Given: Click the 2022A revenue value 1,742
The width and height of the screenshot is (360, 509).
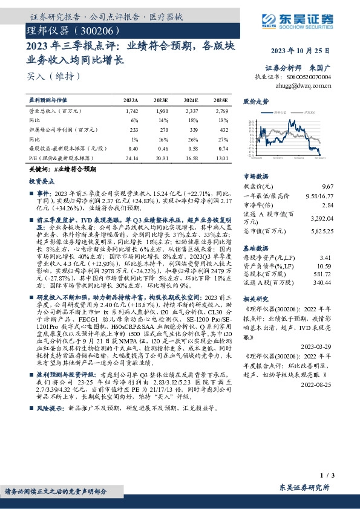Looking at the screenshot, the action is (x=131, y=111).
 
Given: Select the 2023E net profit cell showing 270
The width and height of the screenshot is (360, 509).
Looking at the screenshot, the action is (x=161, y=129).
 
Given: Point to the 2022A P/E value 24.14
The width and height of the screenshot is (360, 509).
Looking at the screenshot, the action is (x=131, y=157).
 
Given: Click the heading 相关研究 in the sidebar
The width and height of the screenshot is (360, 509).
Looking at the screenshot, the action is (x=255, y=299).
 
